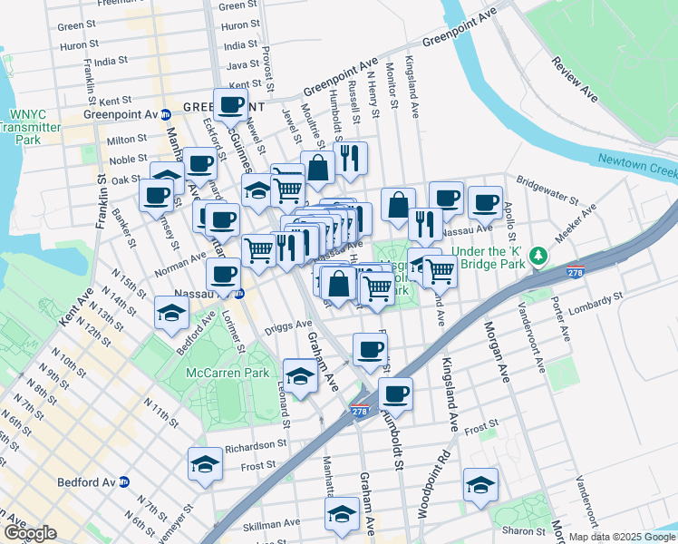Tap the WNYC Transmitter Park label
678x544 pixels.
point(34,127)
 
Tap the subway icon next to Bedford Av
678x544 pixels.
point(124,481)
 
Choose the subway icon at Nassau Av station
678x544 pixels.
point(239,294)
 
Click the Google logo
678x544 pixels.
point(30,533)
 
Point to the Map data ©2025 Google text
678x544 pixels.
point(622,537)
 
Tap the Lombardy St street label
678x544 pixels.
point(595,298)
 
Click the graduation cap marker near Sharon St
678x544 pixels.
point(480,483)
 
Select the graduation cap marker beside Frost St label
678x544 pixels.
point(205,464)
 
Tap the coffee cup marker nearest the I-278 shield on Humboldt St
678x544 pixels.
point(395,393)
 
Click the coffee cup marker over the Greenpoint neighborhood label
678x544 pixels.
point(230,103)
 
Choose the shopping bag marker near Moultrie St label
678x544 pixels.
point(317,167)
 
